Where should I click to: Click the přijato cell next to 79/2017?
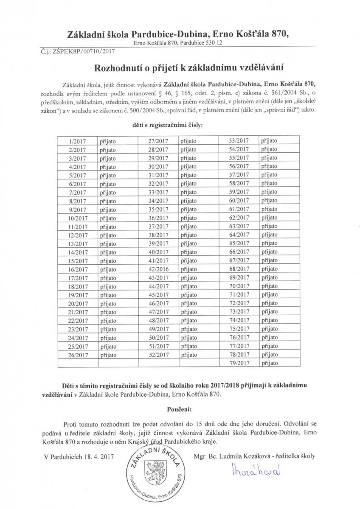[x=269, y=363]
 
